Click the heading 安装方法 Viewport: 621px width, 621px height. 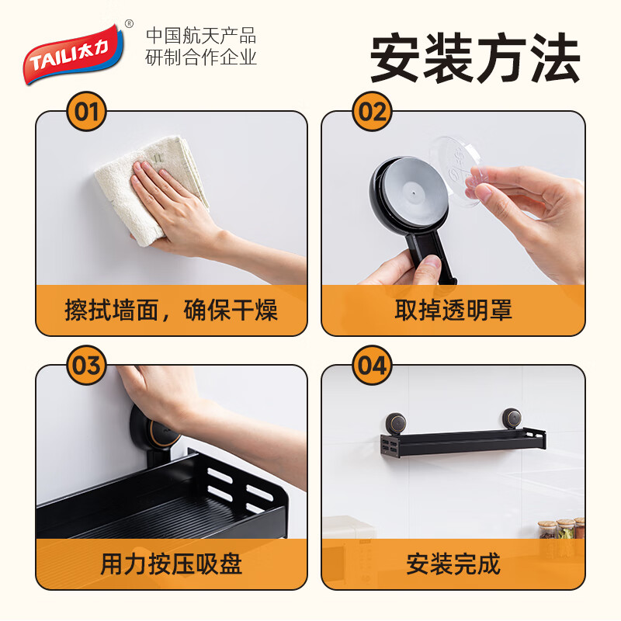pyautogui.click(x=474, y=60)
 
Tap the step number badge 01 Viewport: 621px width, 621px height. pyautogui.click(x=87, y=113)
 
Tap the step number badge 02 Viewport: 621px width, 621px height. pyautogui.click(x=373, y=113)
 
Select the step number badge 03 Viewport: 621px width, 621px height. pyautogui.click(x=87, y=365)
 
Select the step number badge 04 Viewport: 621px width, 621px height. pyautogui.click(x=373, y=365)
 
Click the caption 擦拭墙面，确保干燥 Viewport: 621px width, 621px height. pyautogui.click(x=171, y=310)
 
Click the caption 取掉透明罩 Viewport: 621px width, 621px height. pyautogui.click(x=453, y=310)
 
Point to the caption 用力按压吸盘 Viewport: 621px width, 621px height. pyautogui.click(x=171, y=563)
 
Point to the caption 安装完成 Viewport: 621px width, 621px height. pyautogui.click(x=453, y=563)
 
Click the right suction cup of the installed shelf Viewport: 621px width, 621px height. pyautogui.click(x=512, y=419)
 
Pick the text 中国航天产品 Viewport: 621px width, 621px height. pyautogui.click(x=201, y=36)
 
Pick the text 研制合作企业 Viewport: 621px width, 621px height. pyautogui.click(x=201, y=57)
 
